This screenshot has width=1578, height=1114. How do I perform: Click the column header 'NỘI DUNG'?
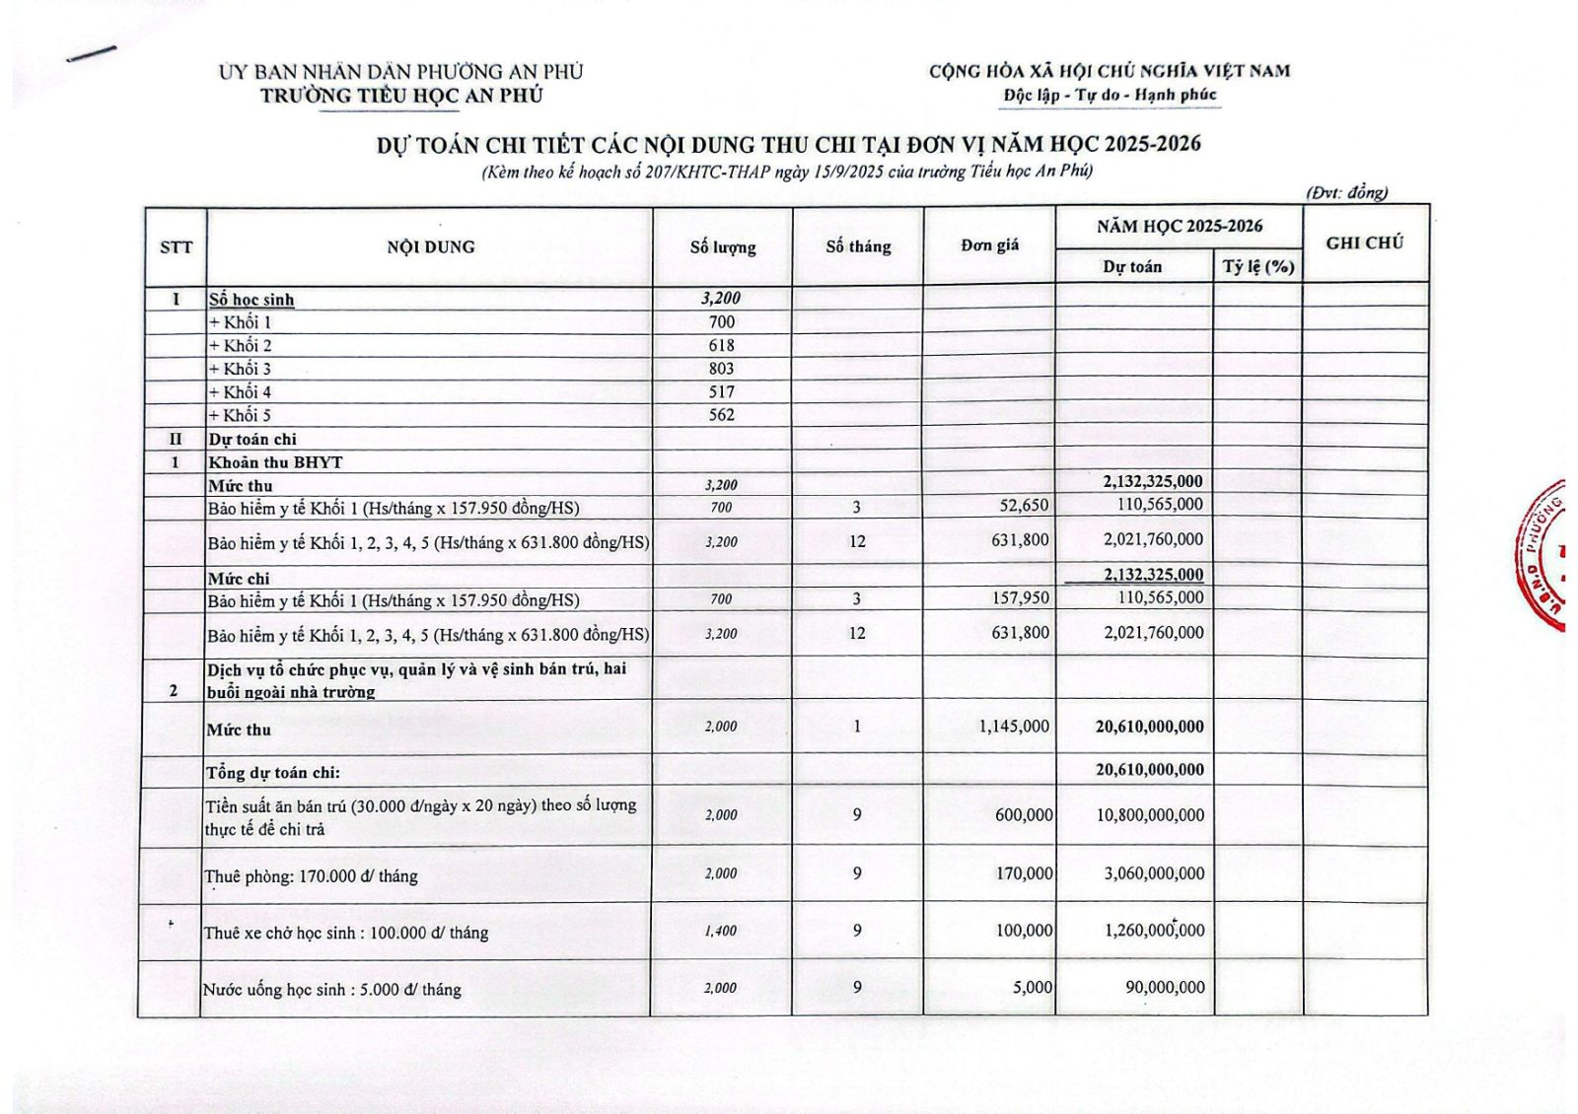(430, 246)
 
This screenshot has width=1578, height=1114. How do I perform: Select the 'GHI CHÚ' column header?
(1364, 243)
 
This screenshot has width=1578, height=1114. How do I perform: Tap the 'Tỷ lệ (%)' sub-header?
(1257, 266)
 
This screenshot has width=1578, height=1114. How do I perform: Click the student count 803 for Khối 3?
(721, 369)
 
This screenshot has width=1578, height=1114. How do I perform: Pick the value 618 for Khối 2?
(721, 345)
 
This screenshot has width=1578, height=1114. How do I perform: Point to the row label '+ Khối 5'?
(240, 415)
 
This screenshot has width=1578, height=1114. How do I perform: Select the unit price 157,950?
(1021, 597)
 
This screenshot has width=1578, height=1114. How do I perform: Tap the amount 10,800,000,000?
(1150, 815)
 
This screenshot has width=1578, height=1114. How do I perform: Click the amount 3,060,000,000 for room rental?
(1150, 873)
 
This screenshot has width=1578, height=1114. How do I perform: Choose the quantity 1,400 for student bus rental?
(721, 931)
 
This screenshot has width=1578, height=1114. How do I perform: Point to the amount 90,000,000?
(1165, 987)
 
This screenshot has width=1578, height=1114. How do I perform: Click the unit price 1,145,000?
(1014, 727)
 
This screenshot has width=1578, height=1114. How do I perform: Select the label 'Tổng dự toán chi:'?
(273, 773)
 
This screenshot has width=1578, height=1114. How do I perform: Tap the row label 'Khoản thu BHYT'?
(275, 462)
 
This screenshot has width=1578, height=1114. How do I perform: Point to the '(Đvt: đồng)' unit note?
(1347, 193)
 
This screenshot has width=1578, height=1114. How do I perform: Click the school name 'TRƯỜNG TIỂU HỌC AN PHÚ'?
(401, 96)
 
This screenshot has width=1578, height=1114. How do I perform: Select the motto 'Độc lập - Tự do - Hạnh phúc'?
(1110, 95)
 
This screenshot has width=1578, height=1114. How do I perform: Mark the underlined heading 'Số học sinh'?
(251, 300)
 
